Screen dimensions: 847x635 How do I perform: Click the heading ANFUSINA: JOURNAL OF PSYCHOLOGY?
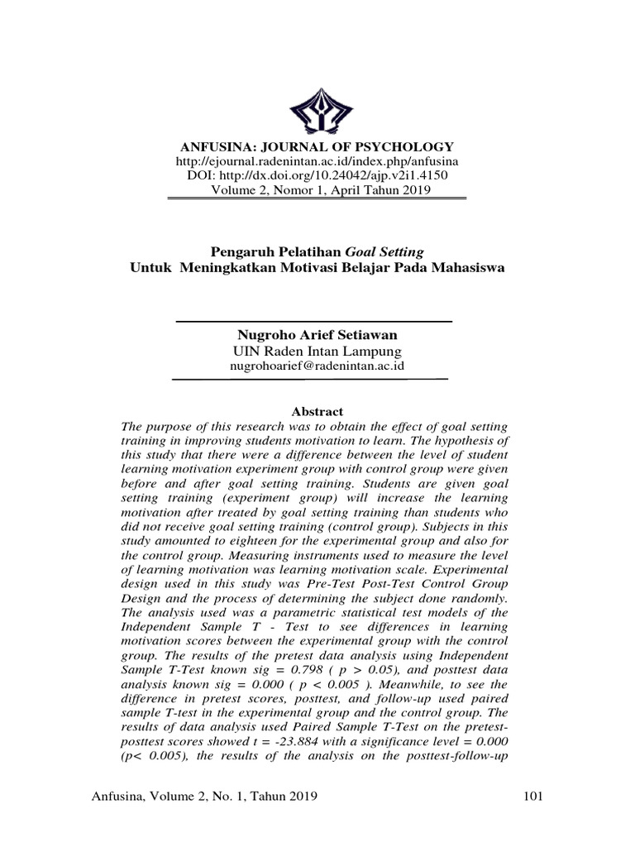(317, 146)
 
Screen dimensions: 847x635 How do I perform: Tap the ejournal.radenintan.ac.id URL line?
(317, 160)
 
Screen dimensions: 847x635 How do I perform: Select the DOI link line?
(317, 175)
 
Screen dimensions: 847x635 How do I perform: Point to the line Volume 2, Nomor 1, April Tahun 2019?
(317, 190)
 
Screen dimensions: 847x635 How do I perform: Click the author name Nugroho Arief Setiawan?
(317, 335)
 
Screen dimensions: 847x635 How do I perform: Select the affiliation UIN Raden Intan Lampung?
(317, 351)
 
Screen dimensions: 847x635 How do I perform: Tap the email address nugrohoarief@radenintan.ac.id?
(317, 366)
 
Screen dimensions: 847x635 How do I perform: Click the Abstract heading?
(317, 411)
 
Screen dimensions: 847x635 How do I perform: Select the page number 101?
(533, 797)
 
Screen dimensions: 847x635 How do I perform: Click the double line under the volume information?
(317, 199)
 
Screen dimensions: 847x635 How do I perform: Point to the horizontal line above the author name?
(314, 321)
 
